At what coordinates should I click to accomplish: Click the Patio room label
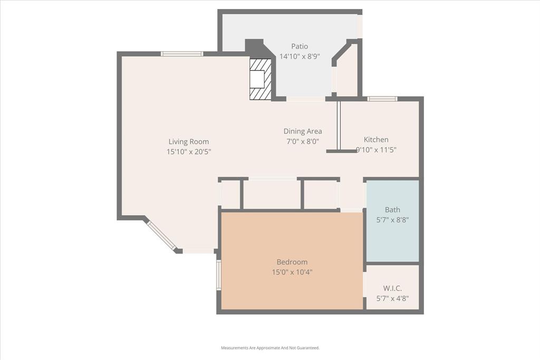coord(300,46)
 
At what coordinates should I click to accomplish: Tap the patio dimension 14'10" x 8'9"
coord(300,56)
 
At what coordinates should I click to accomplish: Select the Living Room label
coord(189,141)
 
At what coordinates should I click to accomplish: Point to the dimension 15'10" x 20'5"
coord(189,151)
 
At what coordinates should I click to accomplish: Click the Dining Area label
coord(303,131)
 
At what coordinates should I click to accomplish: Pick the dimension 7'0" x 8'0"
coord(303,141)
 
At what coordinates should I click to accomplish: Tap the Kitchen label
coord(376,140)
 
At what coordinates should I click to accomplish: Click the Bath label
coord(392,210)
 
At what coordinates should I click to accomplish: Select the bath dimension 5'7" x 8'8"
coord(392,220)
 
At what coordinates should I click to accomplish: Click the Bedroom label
coord(292,262)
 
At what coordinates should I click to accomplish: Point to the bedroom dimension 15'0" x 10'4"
coord(292,272)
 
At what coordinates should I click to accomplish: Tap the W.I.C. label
coord(392,288)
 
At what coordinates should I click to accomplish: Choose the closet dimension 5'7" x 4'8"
coord(392,298)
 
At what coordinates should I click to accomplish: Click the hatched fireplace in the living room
coord(261,79)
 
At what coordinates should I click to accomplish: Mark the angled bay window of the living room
coord(161,235)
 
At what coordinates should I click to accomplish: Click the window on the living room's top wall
coord(182,54)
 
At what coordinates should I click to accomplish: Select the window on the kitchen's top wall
coord(382,99)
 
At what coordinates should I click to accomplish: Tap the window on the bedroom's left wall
coord(219,275)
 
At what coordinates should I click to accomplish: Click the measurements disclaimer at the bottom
coord(270,348)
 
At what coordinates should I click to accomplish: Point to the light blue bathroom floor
coord(392,237)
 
